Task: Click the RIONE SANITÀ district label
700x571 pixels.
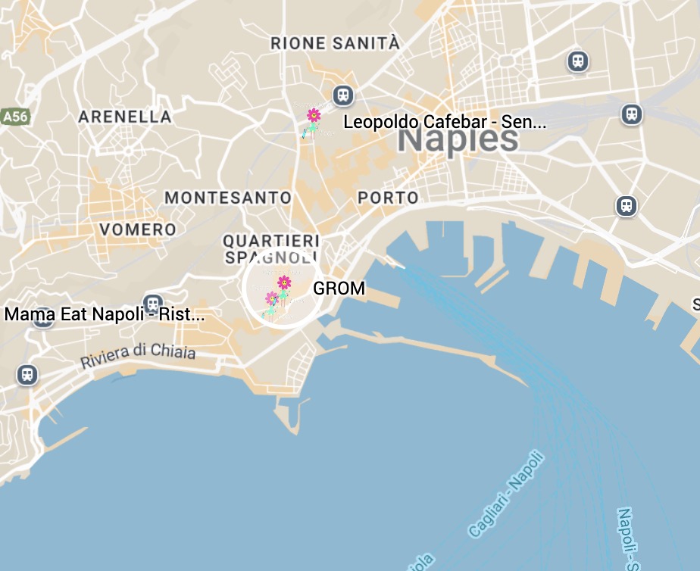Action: point(335,44)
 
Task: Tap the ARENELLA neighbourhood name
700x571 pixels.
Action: point(125,117)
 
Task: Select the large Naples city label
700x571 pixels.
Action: point(458,139)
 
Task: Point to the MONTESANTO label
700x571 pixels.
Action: point(228,198)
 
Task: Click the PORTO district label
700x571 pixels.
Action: point(388,198)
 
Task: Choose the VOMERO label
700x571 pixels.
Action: point(138,229)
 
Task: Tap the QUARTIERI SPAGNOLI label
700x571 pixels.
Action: point(270,248)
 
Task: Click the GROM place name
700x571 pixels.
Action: point(339,289)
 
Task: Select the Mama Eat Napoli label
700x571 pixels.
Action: point(105,314)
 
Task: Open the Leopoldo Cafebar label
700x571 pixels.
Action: point(444,122)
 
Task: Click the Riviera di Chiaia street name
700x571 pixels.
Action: point(138,357)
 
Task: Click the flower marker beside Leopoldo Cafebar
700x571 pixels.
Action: point(313,115)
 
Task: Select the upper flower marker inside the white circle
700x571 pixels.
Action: point(284,282)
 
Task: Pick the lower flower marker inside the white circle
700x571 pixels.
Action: point(271,298)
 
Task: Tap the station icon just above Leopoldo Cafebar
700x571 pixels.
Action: point(343,95)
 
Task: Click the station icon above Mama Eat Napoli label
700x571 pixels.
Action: point(154,304)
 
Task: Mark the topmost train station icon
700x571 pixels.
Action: point(578,61)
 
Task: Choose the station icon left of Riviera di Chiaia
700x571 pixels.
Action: point(27,374)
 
